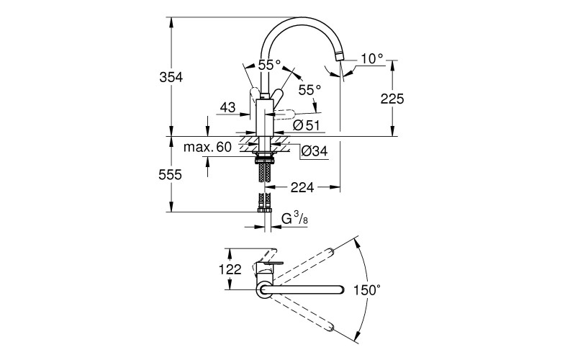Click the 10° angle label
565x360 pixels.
pos(372,59)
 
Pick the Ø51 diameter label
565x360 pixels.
pos(306,125)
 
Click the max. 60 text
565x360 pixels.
pos(207,148)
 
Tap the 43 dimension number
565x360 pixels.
pos(227,107)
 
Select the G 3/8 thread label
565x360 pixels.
pos(294,218)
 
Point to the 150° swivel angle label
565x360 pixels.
pos(367,291)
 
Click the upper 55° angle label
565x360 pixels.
pos(269,65)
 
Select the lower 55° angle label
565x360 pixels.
pos(308,90)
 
